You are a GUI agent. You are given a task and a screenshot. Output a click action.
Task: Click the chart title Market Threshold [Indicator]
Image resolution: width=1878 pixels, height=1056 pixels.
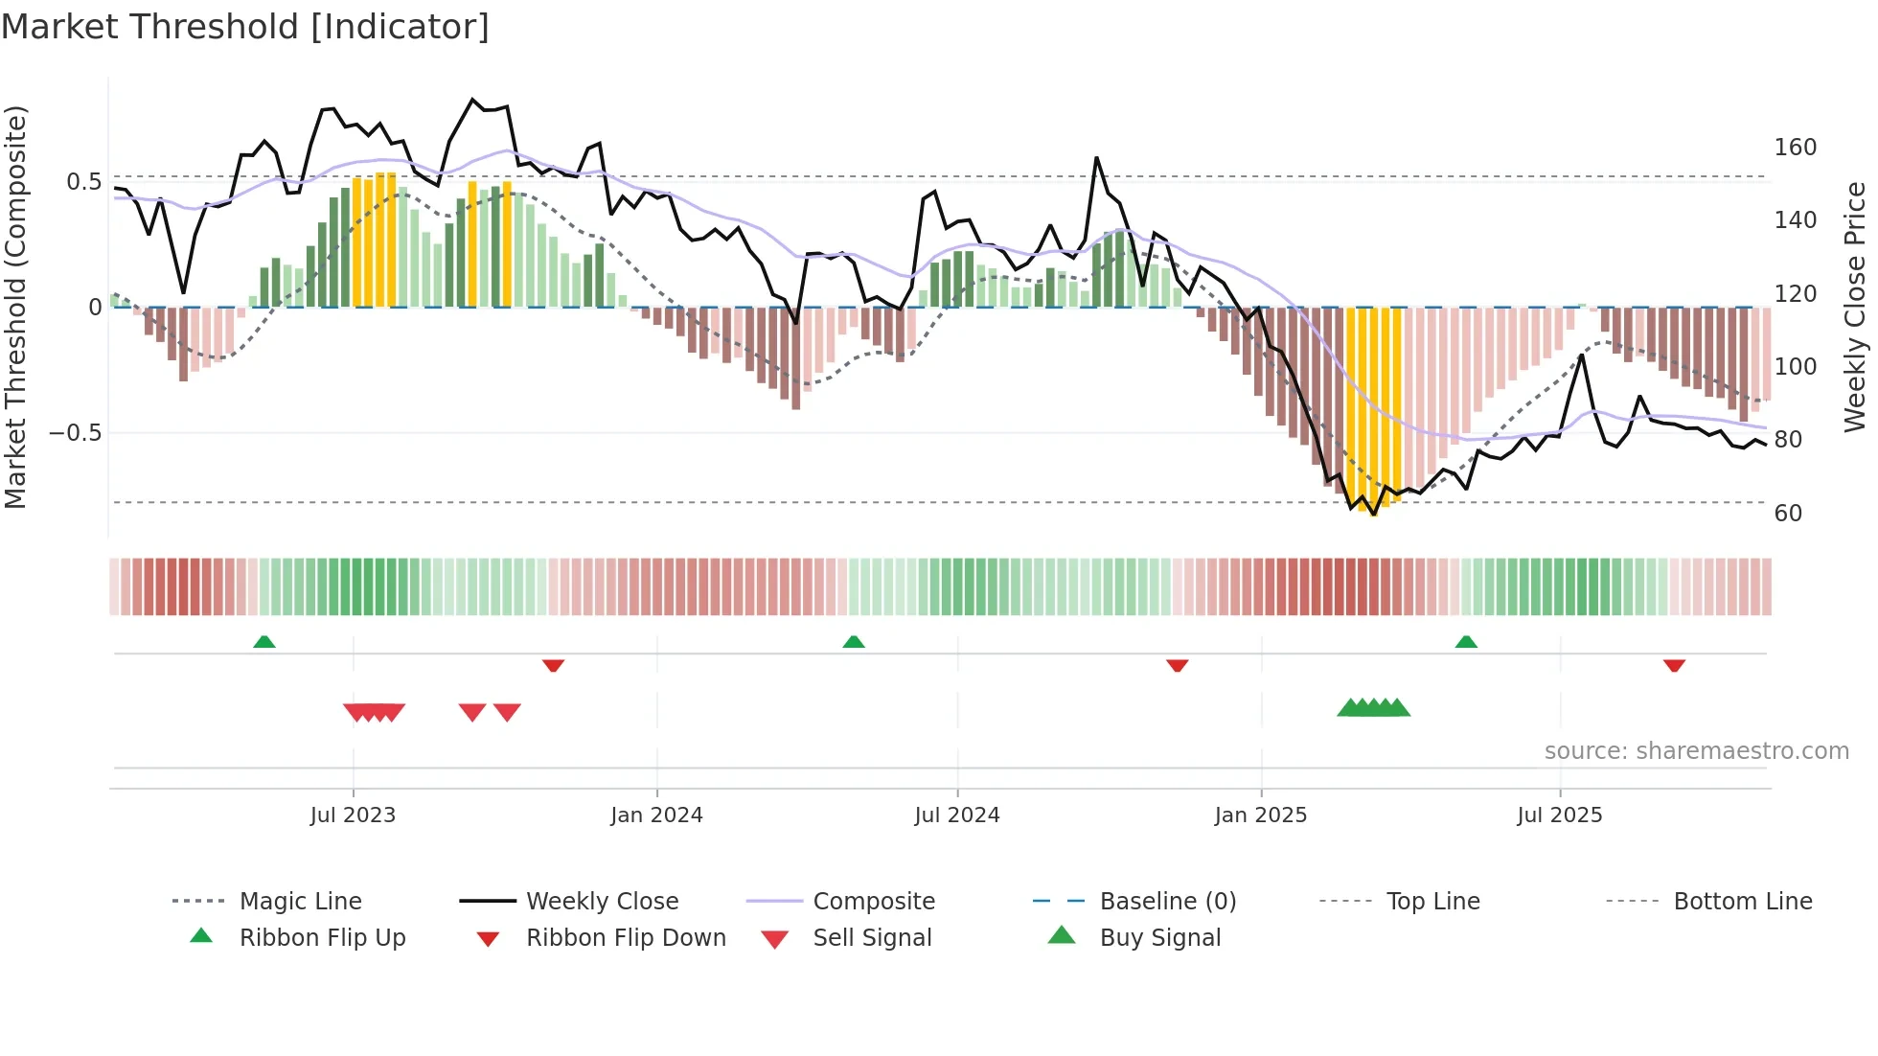(x=245, y=27)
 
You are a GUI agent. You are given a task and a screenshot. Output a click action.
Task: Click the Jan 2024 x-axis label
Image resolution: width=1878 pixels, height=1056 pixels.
(x=656, y=815)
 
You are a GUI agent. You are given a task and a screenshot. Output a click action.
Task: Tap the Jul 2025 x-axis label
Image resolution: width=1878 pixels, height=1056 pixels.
(x=1559, y=815)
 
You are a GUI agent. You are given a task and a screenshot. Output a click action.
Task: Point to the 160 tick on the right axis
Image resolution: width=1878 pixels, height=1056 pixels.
(x=1795, y=148)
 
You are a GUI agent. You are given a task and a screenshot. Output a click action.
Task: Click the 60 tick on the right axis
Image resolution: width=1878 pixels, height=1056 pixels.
(x=1788, y=514)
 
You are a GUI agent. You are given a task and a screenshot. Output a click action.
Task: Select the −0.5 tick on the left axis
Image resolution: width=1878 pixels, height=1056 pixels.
(x=76, y=433)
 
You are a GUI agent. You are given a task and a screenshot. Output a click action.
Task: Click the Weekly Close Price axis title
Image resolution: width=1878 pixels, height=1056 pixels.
(x=1855, y=307)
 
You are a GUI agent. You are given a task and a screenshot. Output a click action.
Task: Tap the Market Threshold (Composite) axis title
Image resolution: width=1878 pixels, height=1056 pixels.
(x=15, y=307)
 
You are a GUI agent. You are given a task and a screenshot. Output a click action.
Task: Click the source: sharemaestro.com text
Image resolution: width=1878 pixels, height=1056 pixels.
(x=1696, y=751)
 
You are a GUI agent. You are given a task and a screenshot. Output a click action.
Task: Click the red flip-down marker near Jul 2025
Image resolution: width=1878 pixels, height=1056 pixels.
(x=1674, y=665)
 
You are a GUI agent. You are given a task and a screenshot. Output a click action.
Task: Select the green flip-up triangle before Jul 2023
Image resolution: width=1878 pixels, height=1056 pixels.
(x=264, y=641)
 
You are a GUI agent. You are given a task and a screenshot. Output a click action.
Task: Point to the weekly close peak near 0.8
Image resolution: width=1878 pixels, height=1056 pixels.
(x=472, y=100)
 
